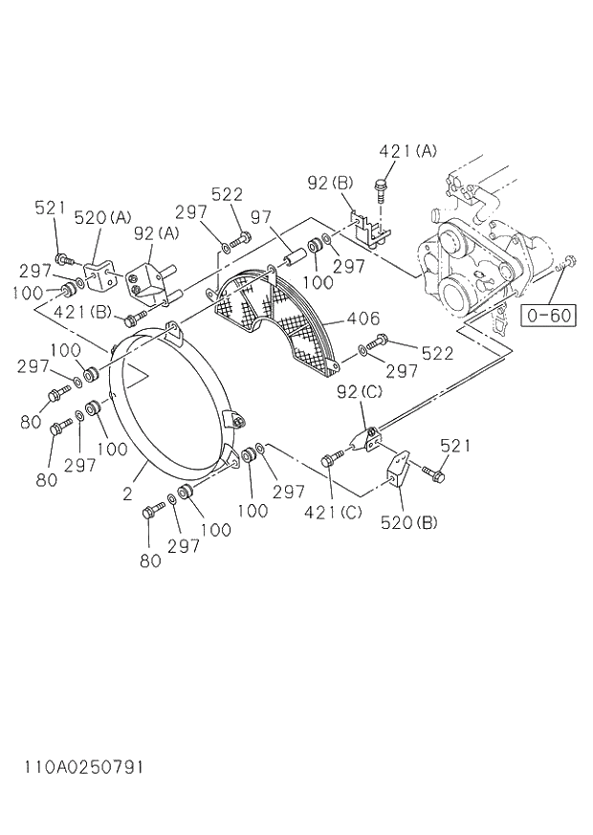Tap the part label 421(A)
tap(407, 151)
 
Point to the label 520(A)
tap(102, 218)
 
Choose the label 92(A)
tap(156, 232)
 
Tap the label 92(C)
tap(359, 391)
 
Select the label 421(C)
tap(334, 512)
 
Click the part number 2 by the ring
tap(127, 494)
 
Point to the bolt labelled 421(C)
tap(333, 460)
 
